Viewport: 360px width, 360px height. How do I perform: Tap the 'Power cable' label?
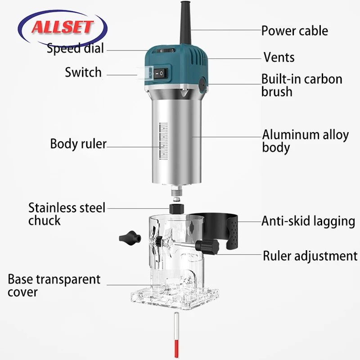(x=295, y=31)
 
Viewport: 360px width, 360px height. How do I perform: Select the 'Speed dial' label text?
(x=75, y=48)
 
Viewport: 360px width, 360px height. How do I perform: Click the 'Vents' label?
(x=279, y=57)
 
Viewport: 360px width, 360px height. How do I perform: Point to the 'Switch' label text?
(x=83, y=72)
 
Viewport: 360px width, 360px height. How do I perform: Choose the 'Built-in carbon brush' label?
(x=302, y=85)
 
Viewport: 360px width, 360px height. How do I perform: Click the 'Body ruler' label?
(x=78, y=144)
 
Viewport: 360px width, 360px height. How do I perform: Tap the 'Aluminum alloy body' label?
(x=306, y=141)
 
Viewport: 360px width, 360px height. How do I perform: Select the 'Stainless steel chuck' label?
(x=67, y=214)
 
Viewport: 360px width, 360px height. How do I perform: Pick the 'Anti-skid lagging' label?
(x=309, y=221)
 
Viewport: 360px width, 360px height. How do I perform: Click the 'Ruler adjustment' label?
(x=310, y=256)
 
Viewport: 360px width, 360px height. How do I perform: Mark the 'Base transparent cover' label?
(x=54, y=285)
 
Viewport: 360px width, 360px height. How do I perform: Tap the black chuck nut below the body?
(x=177, y=208)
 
